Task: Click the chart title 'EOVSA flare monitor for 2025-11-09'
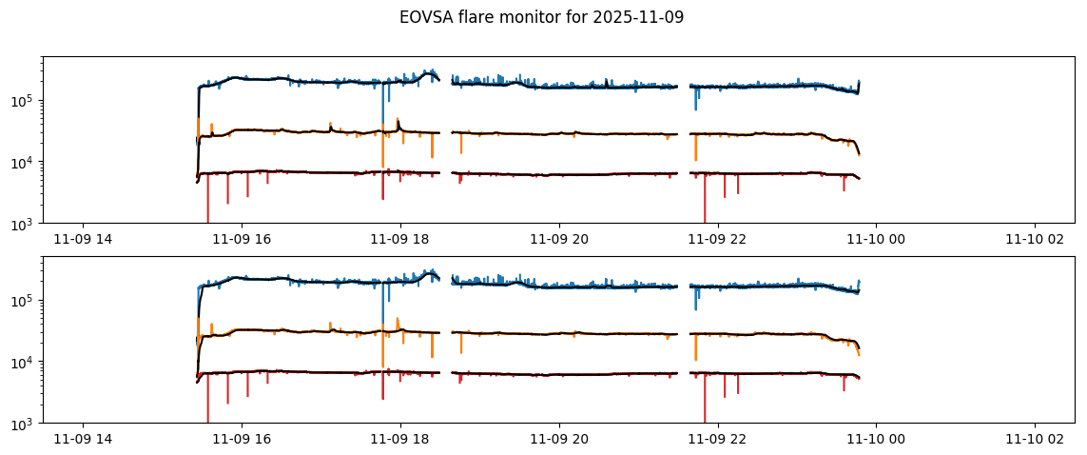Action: coord(543,17)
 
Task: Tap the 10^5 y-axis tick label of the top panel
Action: coord(26,101)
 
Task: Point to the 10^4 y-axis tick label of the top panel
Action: coord(26,163)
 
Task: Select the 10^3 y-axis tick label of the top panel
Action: coord(26,224)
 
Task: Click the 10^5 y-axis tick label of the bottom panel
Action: coord(26,301)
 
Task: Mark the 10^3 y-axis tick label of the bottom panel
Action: coord(26,424)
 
